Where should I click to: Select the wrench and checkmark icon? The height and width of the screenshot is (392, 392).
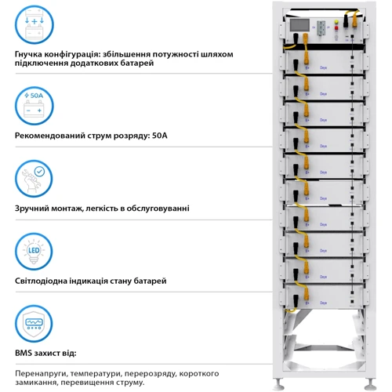(33, 179)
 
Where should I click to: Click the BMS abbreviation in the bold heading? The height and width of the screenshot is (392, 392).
(24, 354)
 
